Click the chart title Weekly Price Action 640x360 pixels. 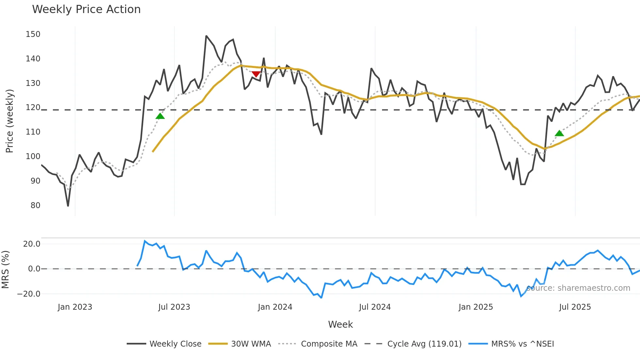[x=86, y=9]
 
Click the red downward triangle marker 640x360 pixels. [x=256, y=74]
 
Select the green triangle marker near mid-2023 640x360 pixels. [x=160, y=116]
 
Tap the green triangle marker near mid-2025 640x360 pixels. [x=559, y=133]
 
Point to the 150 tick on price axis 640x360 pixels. [x=33, y=34]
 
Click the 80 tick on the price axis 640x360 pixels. [x=35, y=205]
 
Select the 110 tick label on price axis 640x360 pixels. [x=33, y=132]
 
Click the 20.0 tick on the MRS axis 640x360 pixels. [x=32, y=244]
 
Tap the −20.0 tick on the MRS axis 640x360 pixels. [x=29, y=294]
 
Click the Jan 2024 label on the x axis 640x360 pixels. [x=275, y=307]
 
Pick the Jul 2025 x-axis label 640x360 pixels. [x=575, y=307]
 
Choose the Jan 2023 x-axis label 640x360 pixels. [x=75, y=307]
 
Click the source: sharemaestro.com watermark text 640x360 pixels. [x=578, y=288]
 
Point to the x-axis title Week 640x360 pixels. [x=340, y=324]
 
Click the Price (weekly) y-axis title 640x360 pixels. [x=9, y=121]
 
